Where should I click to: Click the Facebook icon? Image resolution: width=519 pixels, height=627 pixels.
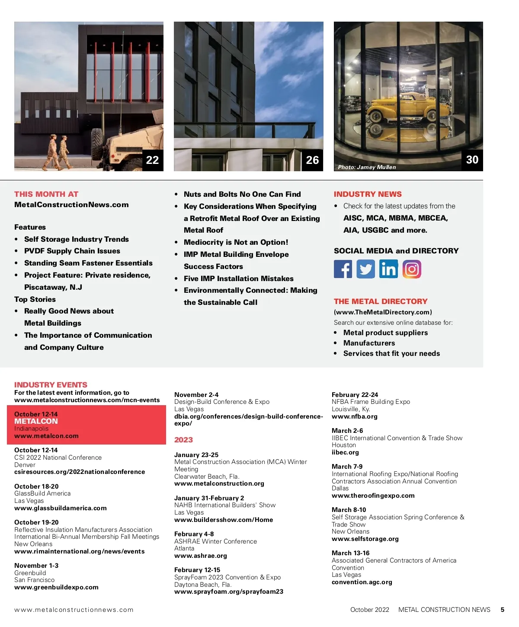coord(343,269)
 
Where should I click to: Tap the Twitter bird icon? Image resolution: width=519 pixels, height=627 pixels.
coord(365,269)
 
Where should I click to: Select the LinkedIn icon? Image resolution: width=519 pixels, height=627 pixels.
coord(388,269)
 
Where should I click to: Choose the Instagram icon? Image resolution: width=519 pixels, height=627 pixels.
coord(412,269)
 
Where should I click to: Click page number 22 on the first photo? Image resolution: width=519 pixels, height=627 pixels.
coord(152,160)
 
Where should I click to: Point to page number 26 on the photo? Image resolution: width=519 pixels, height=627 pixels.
coord(312,160)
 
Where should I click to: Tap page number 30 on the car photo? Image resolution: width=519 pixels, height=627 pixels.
coord(472,160)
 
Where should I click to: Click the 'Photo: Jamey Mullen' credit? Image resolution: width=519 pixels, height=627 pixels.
coord(367,167)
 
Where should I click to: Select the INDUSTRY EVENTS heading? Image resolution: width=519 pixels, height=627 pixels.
coord(51,385)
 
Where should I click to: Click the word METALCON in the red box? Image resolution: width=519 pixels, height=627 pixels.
coord(36,421)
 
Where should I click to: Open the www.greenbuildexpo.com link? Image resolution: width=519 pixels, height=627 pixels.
coord(56,587)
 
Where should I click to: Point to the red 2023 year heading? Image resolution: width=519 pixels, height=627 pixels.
coord(183,440)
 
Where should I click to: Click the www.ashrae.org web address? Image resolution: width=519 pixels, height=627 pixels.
coord(200,556)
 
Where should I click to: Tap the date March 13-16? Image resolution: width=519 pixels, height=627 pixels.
coord(350,553)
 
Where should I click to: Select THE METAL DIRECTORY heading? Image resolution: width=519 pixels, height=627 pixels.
coord(381,301)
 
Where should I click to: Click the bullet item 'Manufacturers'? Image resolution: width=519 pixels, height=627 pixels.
coord(369,343)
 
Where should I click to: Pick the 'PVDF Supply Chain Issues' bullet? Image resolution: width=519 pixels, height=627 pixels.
coord(72,251)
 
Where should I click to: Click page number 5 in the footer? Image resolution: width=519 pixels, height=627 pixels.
coord(503,610)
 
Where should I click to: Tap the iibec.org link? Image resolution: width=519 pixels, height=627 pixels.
coord(345,452)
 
